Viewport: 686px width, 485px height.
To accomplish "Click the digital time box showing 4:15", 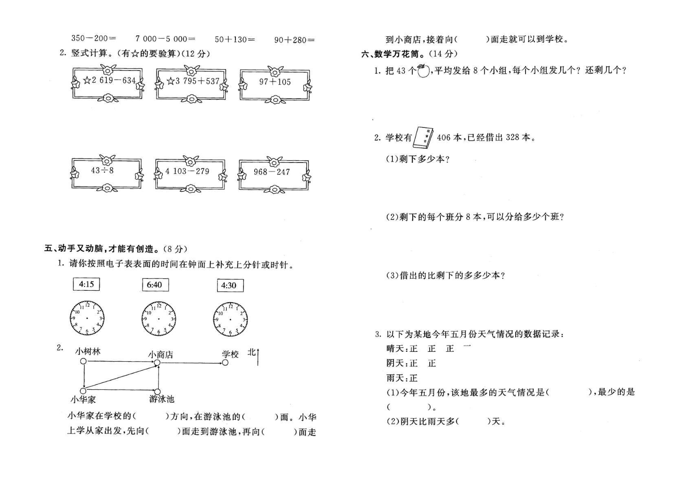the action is [86, 284].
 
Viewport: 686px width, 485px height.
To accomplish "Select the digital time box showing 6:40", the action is [155, 285].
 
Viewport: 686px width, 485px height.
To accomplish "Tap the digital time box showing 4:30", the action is [230, 285].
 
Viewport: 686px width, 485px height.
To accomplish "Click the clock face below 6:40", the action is [158, 319].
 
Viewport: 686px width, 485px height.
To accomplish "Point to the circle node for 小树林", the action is [83, 361].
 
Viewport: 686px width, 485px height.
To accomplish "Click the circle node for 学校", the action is [225, 363].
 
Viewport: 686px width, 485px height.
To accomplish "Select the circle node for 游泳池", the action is [157, 392].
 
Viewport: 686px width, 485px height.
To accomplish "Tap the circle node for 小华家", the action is [83, 391].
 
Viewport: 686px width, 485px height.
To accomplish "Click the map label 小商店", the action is [161, 355].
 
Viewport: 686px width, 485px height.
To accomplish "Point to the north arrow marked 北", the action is [258, 357].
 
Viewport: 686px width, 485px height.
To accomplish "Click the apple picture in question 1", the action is [423, 71].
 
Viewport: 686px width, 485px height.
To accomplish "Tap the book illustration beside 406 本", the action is [423, 138].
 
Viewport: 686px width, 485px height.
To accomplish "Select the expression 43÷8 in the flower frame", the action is [102, 170].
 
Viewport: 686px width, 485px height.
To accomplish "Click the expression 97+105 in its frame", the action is [275, 82].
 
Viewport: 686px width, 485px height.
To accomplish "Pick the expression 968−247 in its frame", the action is [272, 172].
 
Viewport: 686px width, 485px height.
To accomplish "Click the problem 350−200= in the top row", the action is [94, 38].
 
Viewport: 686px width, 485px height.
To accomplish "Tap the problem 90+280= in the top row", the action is [294, 40].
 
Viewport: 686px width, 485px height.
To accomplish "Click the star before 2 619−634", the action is [87, 80].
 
